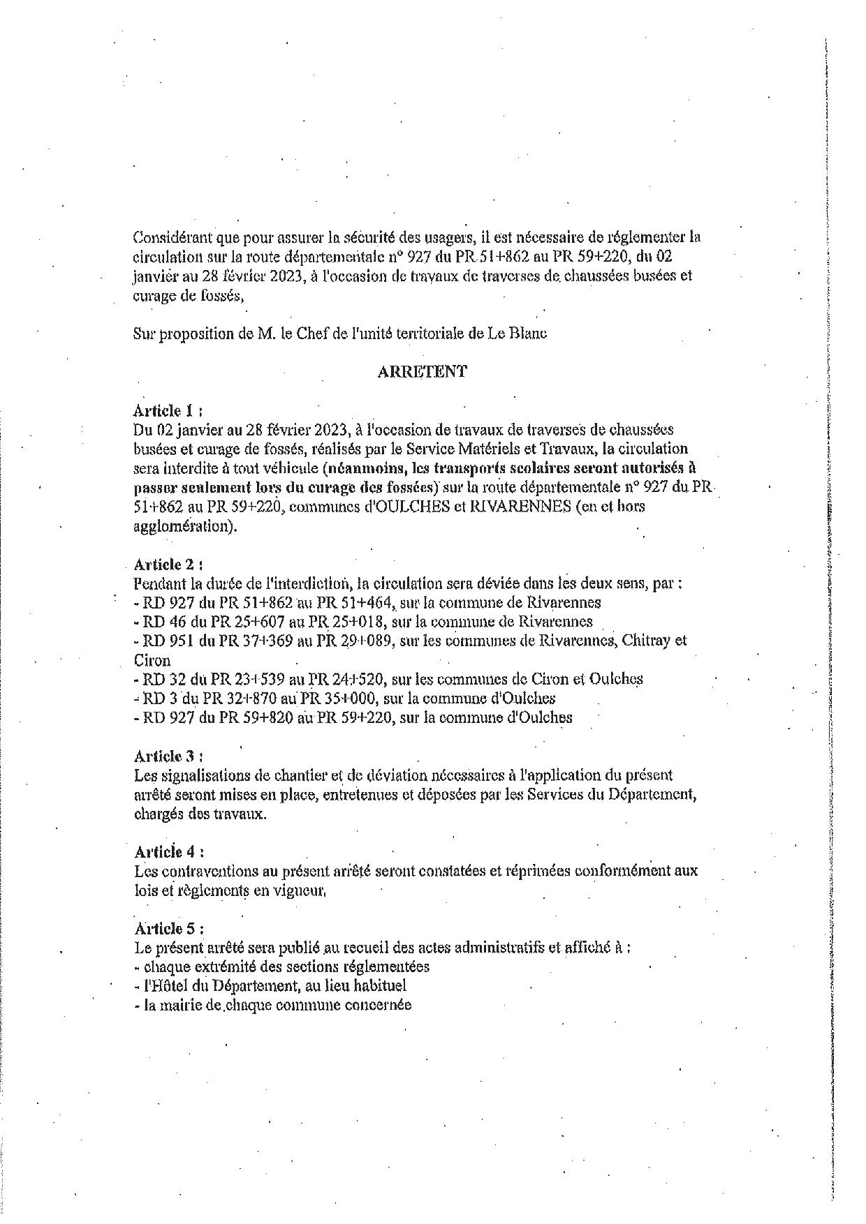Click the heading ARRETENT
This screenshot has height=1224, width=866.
click(x=422, y=372)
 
